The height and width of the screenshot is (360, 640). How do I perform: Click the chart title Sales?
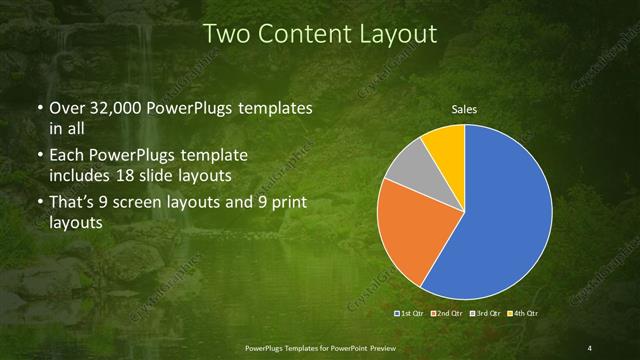(x=464, y=110)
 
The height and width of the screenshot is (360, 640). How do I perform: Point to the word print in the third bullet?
(x=286, y=203)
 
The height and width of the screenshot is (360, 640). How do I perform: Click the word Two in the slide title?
(x=225, y=34)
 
